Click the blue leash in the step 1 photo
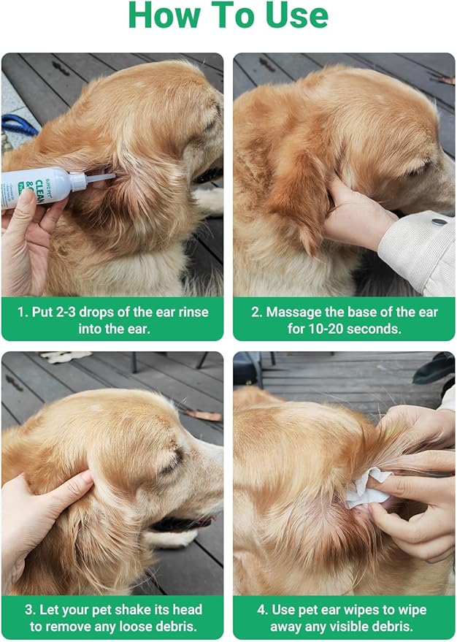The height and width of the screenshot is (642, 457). pos(19,125)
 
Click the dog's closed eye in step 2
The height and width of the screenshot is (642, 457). pos(417,169)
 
